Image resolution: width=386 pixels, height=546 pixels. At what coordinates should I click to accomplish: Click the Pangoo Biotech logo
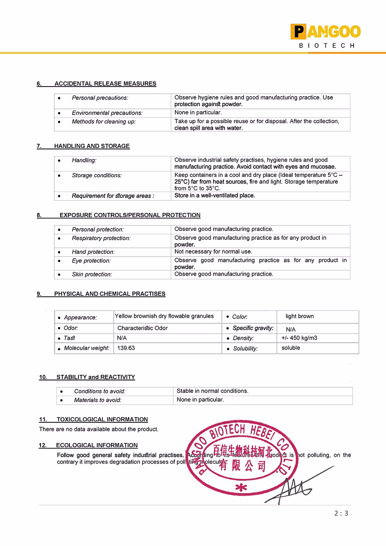(x=325, y=36)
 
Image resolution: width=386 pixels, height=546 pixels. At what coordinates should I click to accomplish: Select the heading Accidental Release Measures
(x=105, y=83)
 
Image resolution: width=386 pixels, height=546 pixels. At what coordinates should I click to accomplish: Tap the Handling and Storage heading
(x=92, y=146)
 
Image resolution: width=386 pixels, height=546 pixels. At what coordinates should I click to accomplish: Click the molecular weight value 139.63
(x=126, y=348)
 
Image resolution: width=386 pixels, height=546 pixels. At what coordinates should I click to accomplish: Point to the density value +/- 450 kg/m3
(x=299, y=338)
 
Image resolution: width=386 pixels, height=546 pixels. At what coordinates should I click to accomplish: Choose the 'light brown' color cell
(x=300, y=316)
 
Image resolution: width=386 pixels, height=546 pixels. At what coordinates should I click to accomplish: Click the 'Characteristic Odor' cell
(x=142, y=328)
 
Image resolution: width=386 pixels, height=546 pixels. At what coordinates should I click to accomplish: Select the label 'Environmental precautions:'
(x=107, y=113)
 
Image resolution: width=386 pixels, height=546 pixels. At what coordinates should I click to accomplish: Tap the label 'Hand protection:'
(x=93, y=252)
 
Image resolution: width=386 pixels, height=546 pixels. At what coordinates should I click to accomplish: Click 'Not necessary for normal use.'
(x=213, y=251)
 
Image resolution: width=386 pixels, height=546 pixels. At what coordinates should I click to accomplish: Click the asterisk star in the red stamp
(x=241, y=488)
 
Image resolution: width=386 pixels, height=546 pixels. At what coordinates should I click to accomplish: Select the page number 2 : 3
(x=341, y=513)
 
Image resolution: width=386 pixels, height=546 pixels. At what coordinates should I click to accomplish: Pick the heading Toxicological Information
(x=102, y=419)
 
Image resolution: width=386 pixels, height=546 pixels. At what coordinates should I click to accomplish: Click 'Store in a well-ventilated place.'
(x=215, y=195)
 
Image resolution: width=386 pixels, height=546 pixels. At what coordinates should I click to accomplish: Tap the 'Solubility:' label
(x=245, y=348)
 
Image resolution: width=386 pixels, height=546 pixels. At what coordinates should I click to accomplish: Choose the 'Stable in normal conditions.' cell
(x=212, y=391)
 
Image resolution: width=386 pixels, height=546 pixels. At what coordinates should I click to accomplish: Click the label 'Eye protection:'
(x=91, y=261)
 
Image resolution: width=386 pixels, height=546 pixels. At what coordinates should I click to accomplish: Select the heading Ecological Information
(x=96, y=445)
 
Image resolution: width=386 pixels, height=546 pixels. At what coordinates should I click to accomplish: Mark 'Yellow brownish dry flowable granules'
(x=164, y=316)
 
